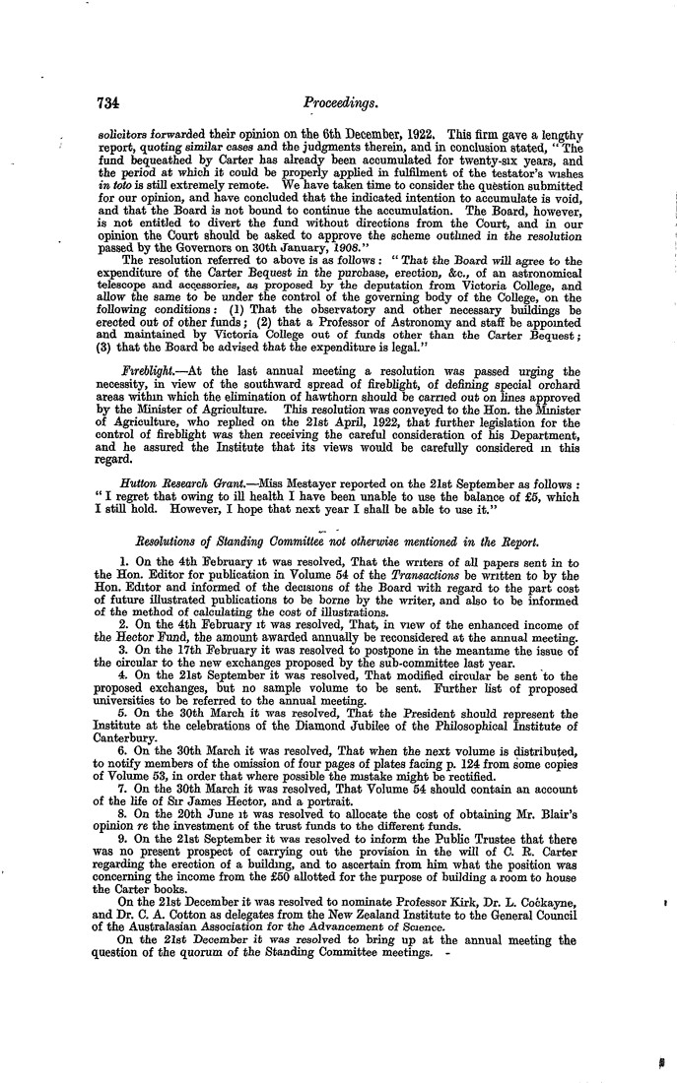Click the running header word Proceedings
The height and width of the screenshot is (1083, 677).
tap(336, 101)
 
